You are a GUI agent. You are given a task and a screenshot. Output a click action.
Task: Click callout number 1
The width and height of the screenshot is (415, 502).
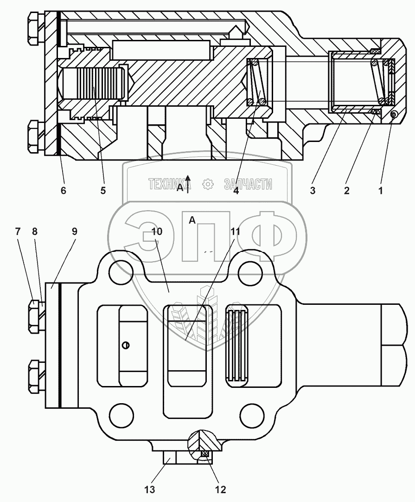381,190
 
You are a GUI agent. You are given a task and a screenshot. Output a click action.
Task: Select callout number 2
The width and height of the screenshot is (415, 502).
346,190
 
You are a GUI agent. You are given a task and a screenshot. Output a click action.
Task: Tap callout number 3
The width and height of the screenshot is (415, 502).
313,190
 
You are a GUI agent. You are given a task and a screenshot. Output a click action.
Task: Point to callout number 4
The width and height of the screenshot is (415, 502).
236,190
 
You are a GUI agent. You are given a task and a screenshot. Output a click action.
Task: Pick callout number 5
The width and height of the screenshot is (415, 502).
103,190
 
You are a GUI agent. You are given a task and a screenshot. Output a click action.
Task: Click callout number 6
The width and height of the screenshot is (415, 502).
64,190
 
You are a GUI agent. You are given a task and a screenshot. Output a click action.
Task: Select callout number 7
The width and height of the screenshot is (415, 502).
18,232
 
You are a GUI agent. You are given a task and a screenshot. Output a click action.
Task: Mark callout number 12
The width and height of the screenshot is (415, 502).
220,489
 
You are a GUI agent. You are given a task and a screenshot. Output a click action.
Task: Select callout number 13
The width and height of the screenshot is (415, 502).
150,489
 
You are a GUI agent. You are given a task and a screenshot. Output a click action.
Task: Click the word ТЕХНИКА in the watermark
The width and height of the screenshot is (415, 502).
170,185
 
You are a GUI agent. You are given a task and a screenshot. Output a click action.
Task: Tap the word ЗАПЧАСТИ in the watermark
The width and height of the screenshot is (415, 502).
248,185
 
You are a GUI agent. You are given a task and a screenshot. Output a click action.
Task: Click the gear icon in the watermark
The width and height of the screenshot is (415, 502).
208,185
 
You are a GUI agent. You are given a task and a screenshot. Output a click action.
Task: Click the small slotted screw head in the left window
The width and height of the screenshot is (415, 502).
126,345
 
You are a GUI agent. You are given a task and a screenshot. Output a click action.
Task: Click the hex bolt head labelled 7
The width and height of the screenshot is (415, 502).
34,317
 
